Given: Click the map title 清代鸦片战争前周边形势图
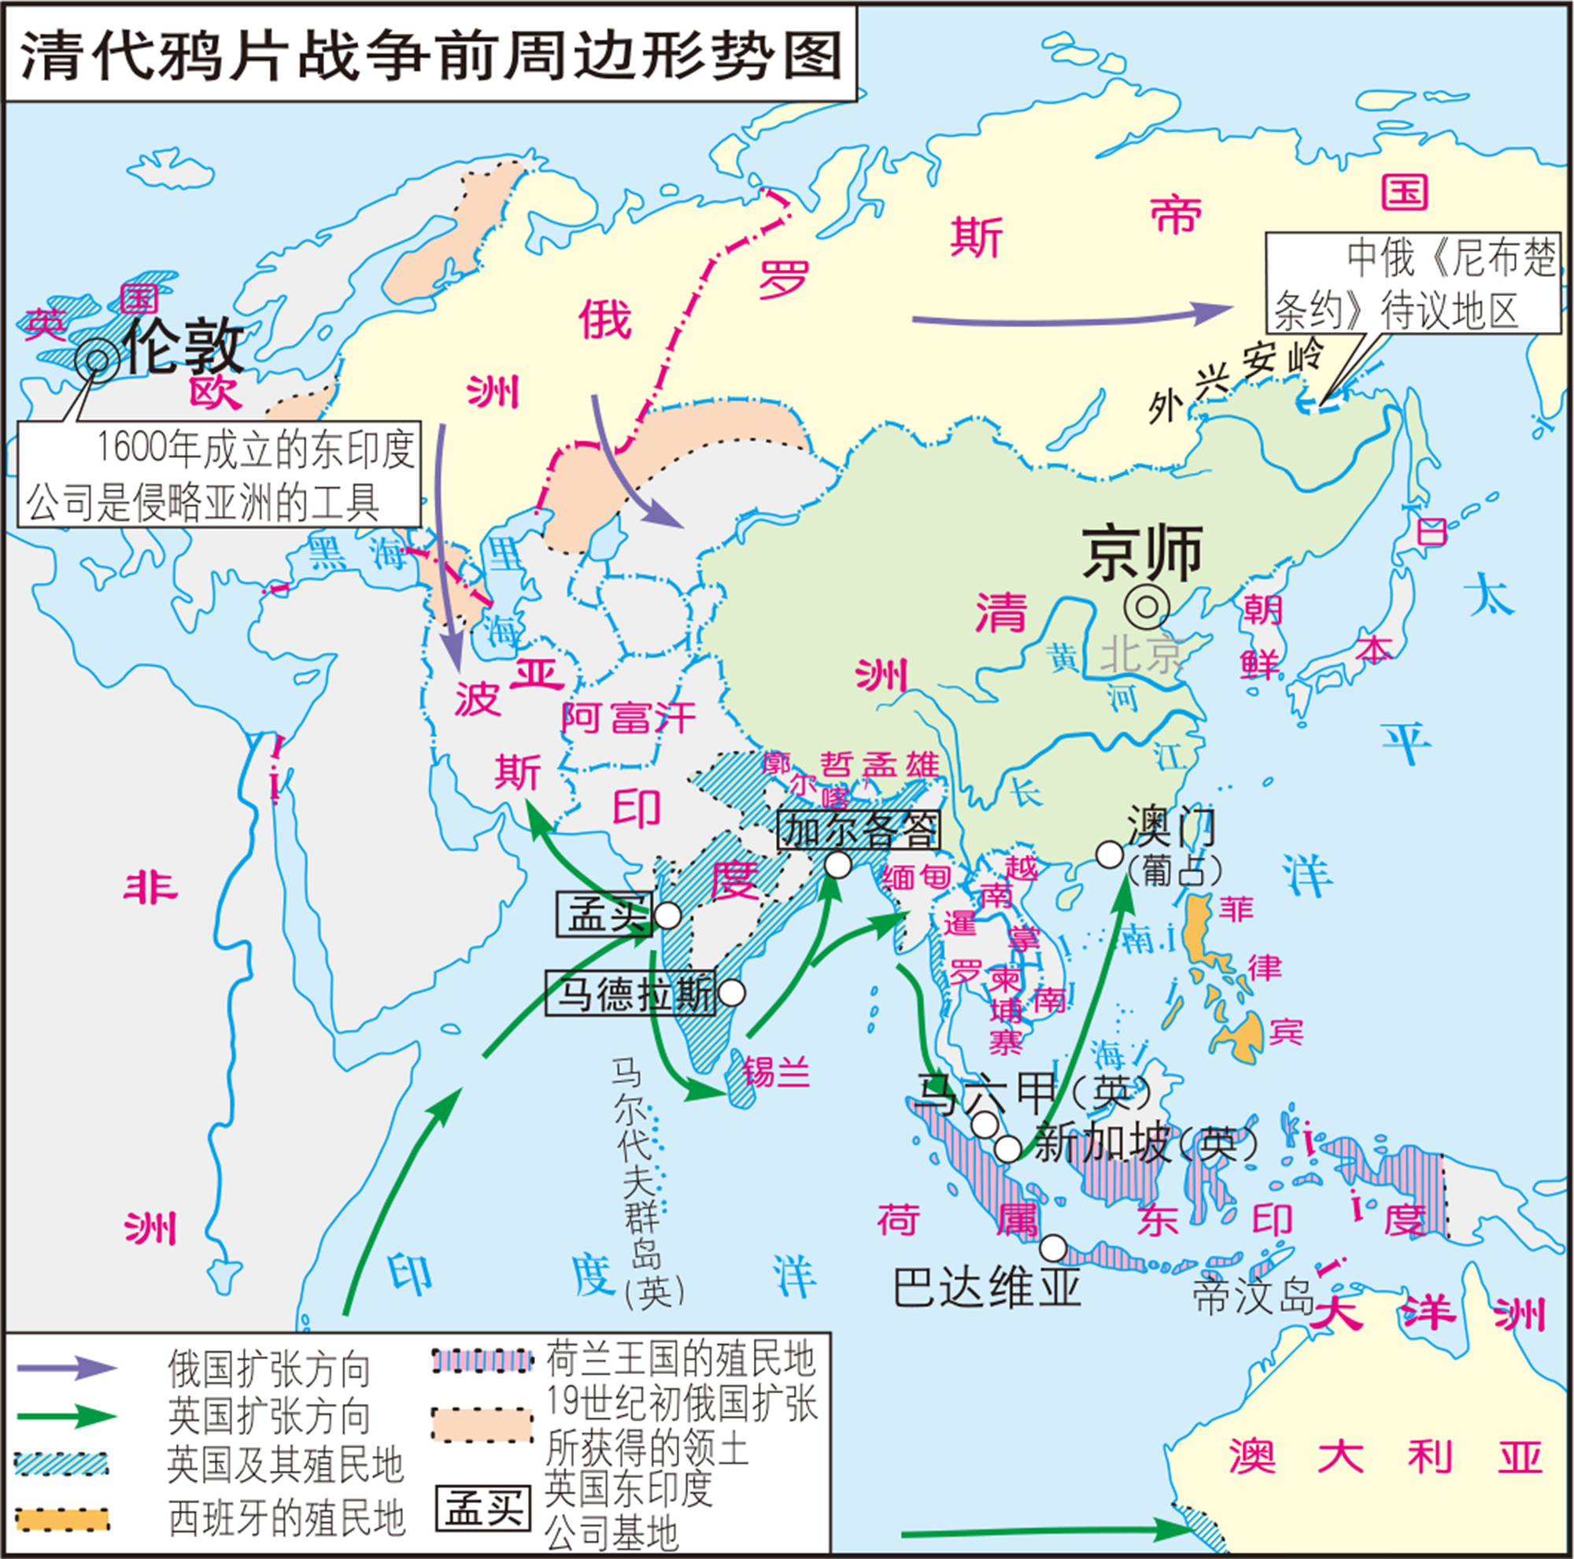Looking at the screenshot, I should click(430, 55).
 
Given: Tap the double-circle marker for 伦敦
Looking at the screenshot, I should click(97, 359).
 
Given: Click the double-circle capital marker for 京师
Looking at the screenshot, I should click(1147, 607).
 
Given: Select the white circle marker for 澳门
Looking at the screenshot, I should click(1109, 855).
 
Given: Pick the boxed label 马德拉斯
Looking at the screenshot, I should click(630, 993).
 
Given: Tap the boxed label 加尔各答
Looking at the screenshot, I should click(858, 830).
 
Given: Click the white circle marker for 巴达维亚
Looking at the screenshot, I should click(1052, 1248).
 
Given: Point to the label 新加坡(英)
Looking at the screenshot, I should click(1144, 1144).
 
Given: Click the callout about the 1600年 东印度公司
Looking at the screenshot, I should click(218, 474).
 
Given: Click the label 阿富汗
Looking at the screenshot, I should click(628, 719).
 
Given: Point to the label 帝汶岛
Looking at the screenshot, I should click(1253, 1297).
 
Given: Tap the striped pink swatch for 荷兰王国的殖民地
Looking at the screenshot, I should click(482, 1360).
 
